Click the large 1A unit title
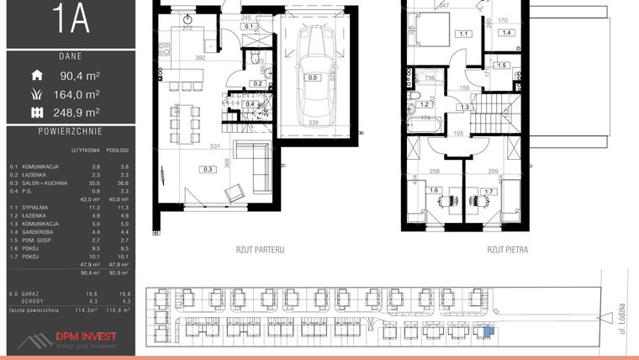coord(71,19)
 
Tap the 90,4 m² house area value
coord(81,76)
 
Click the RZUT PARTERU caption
coord(260,250)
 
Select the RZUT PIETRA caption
coord(508,250)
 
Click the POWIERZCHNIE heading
coord(71,132)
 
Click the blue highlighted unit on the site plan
coord(484,331)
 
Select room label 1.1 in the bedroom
coord(464,34)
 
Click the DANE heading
coord(71,57)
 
